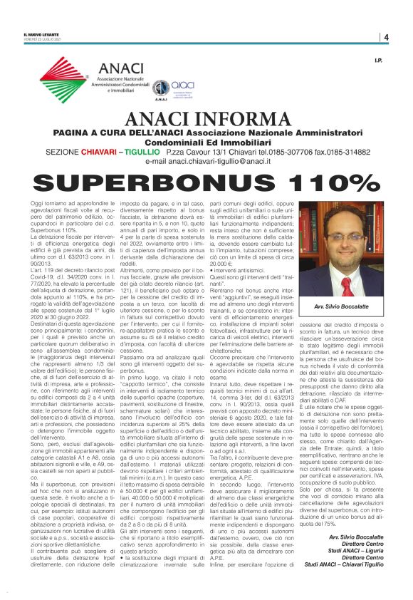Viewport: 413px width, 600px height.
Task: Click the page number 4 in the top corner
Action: click(x=385, y=37)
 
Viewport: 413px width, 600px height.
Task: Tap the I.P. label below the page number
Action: click(x=379, y=61)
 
